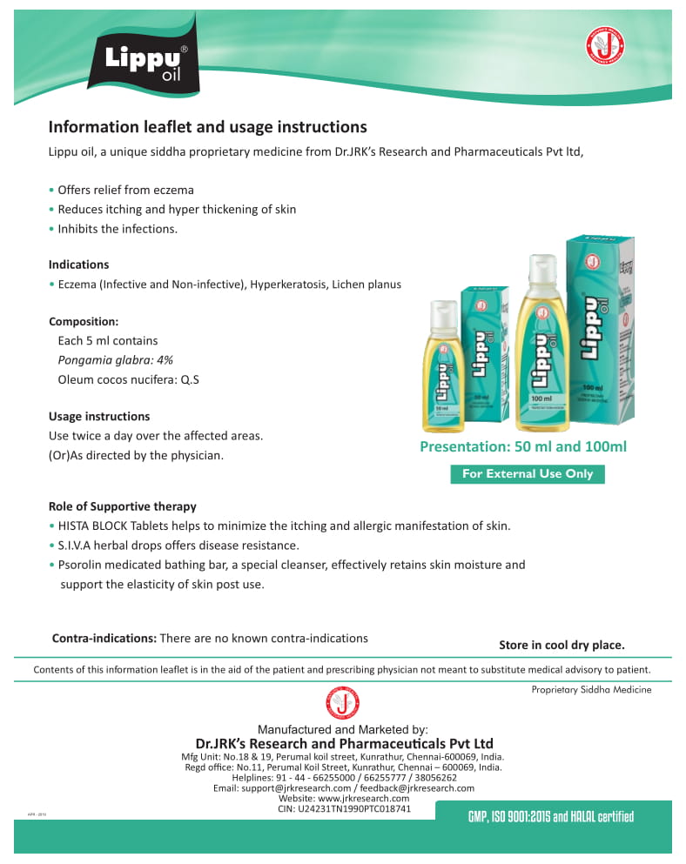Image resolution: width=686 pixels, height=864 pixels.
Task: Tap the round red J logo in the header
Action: [x=609, y=46]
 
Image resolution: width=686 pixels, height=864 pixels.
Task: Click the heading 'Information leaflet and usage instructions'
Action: [x=207, y=127]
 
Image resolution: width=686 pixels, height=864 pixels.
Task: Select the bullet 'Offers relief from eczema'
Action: [x=125, y=190]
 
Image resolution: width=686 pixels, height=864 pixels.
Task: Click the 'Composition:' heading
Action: [x=84, y=321]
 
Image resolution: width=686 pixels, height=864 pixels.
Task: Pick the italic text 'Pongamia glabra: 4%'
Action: [x=115, y=359]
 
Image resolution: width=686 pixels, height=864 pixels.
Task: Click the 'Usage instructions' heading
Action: [x=99, y=416]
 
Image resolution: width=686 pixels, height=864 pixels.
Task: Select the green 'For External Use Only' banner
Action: [x=527, y=474]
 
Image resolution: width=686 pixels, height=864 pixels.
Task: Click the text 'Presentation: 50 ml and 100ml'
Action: [x=523, y=447]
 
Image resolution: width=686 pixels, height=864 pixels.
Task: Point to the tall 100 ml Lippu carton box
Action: [x=600, y=326]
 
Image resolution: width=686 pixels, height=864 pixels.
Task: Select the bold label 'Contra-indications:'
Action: [x=104, y=638]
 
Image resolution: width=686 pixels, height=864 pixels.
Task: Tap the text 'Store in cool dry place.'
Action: [x=562, y=645]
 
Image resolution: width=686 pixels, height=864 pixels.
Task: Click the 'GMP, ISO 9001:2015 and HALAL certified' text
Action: [x=550, y=816]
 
